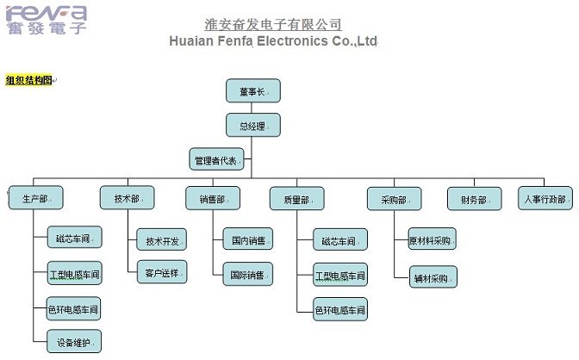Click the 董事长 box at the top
(x=253, y=90)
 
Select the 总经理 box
(x=253, y=125)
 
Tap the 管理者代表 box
(x=217, y=159)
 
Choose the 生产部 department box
(x=37, y=199)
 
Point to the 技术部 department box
(x=128, y=198)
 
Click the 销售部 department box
(x=213, y=199)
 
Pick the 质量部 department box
(x=296, y=199)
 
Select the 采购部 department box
(x=394, y=199)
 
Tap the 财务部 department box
(x=474, y=199)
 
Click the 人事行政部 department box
(x=545, y=199)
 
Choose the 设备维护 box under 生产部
(x=73, y=341)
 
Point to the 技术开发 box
(x=162, y=239)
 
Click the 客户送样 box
(x=162, y=273)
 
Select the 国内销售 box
(x=248, y=239)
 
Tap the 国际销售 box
(x=248, y=274)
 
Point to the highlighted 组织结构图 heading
(x=28, y=81)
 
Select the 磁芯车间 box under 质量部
(x=339, y=239)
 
